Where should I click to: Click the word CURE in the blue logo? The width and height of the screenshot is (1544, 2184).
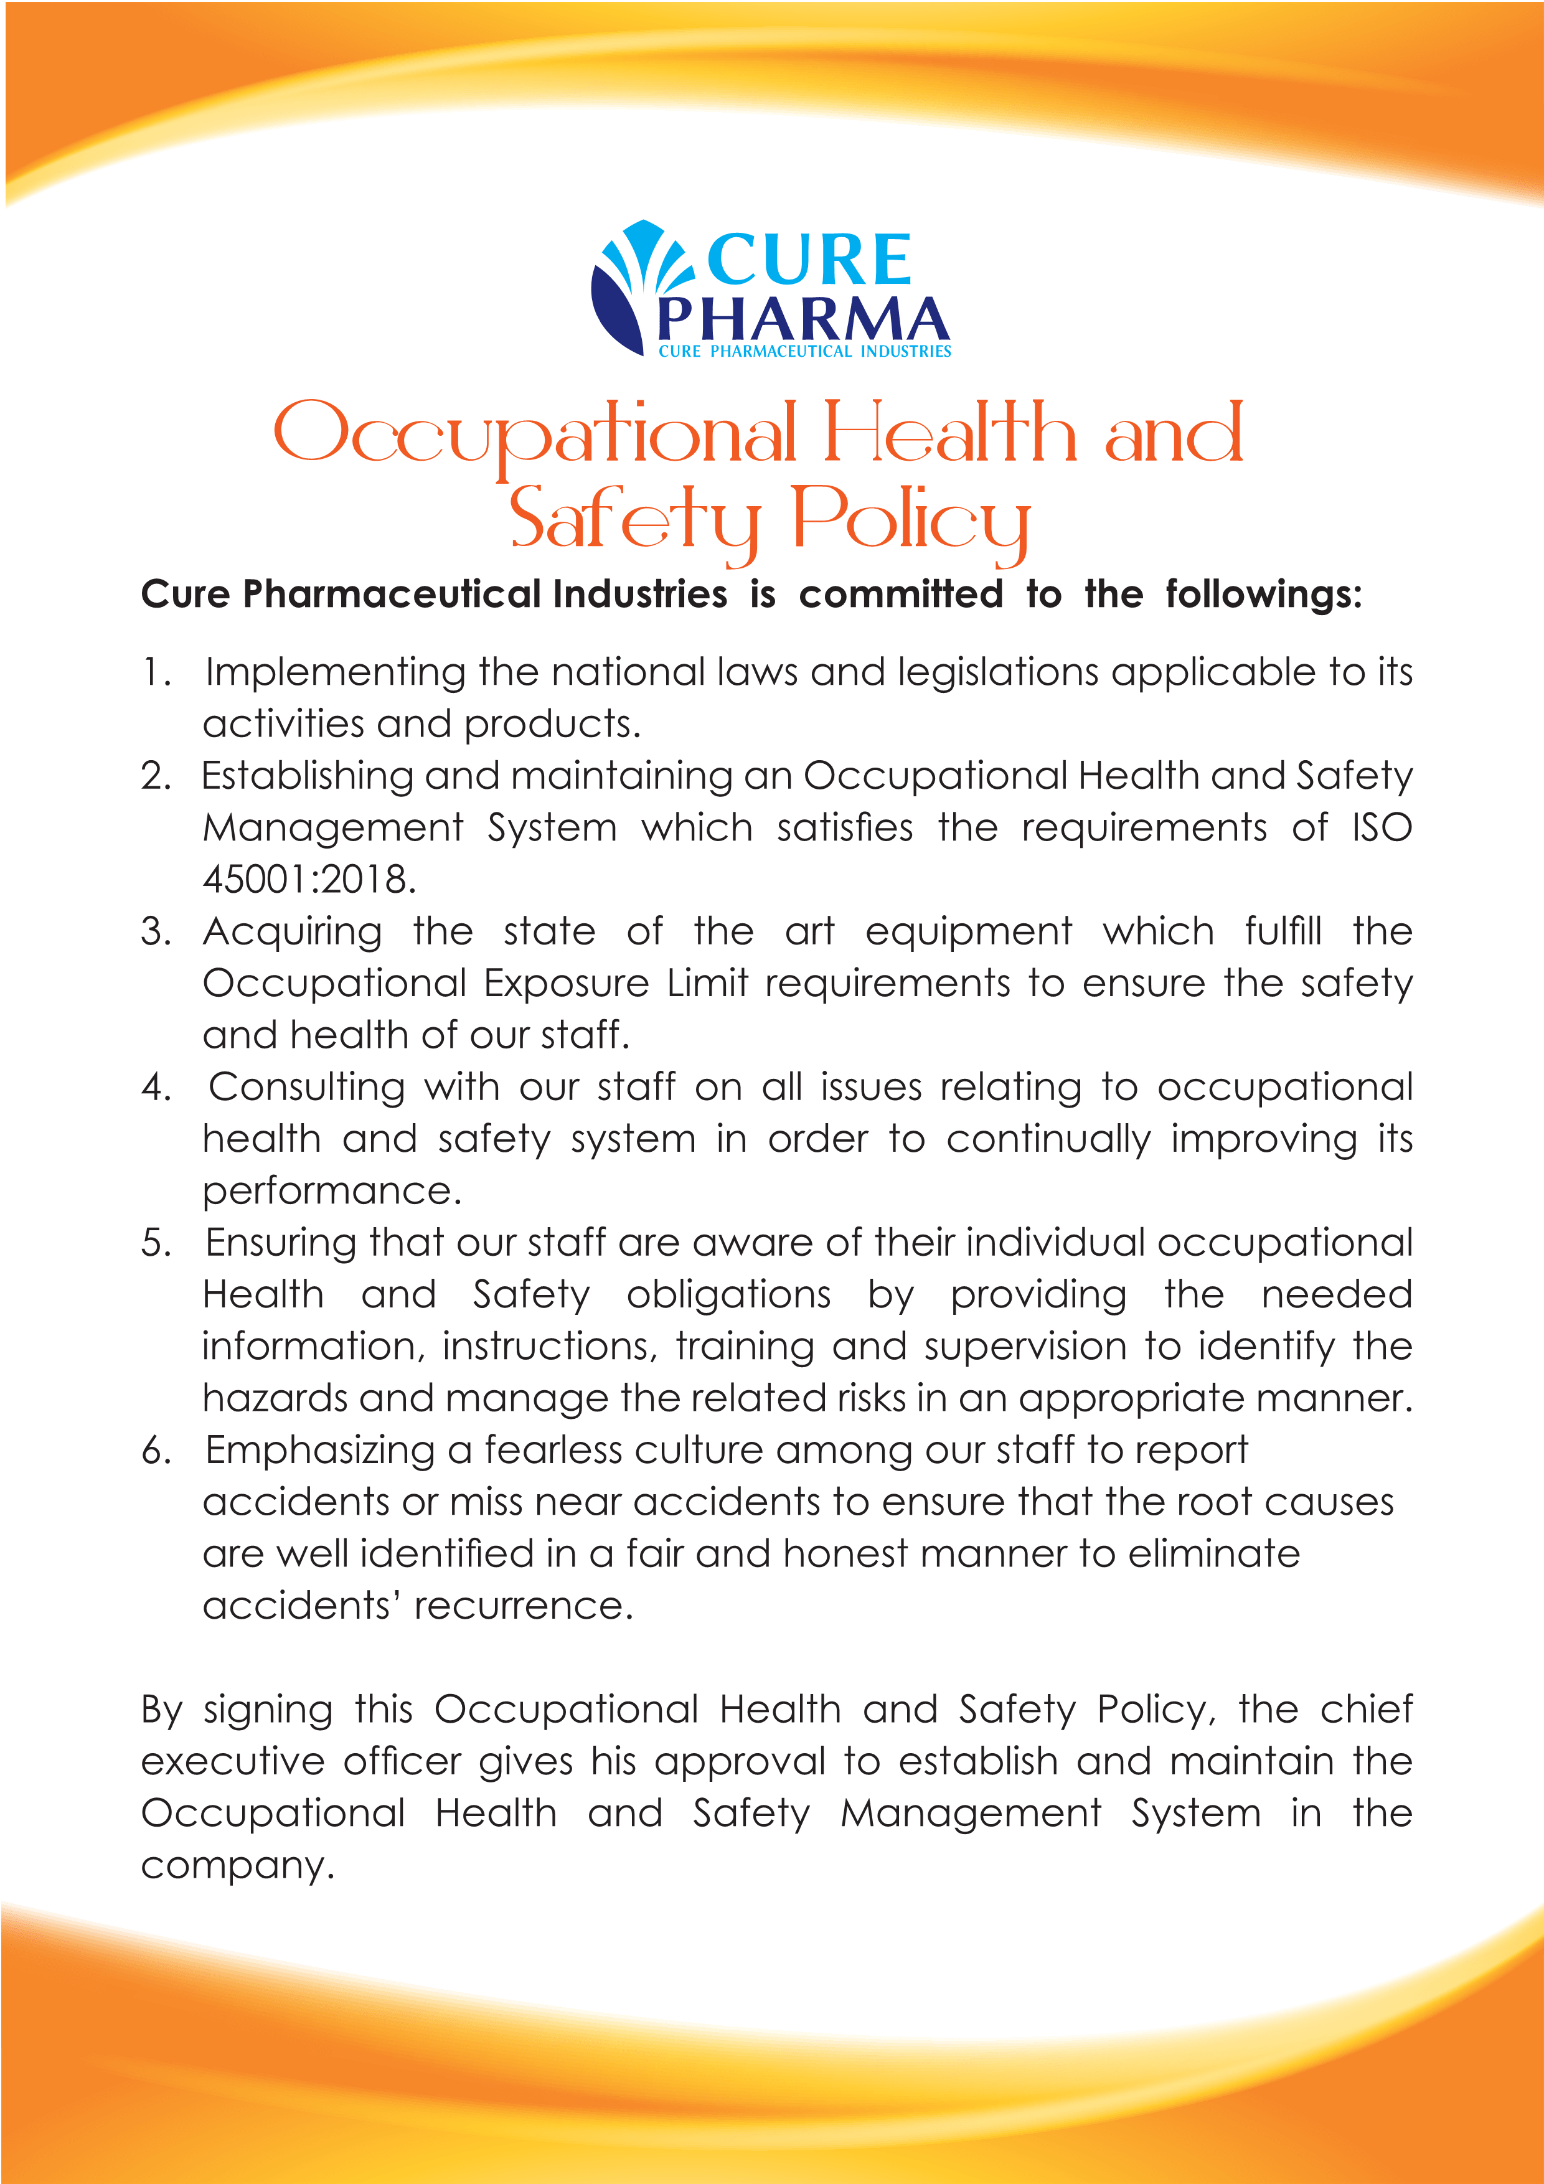pyautogui.click(x=809, y=260)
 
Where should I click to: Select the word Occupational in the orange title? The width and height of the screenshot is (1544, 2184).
pyautogui.click(x=534, y=435)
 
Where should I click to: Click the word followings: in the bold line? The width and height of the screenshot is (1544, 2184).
pyautogui.click(x=1263, y=595)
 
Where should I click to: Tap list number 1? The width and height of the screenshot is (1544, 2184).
pyautogui.click(x=155, y=672)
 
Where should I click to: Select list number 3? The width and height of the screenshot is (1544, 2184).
pyautogui.click(x=155, y=931)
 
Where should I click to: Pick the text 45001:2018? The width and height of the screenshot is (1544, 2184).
pyautogui.click(x=309, y=879)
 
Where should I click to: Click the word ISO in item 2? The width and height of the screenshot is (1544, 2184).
pyautogui.click(x=1382, y=827)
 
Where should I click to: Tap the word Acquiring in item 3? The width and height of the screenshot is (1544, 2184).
pyautogui.click(x=292, y=931)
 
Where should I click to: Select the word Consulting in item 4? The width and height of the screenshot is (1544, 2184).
pyautogui.click(x=306, y=1087)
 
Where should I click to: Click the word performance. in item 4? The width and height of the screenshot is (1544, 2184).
pyautogui.click(x=332, y=1191)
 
